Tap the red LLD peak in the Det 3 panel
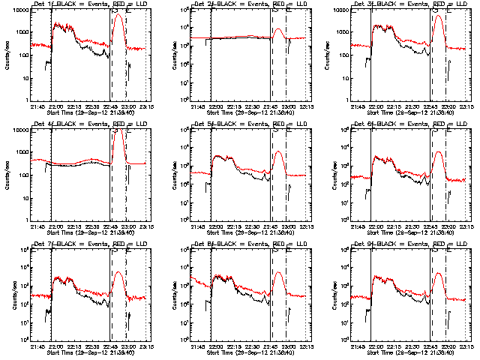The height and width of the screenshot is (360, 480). point(439,16)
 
